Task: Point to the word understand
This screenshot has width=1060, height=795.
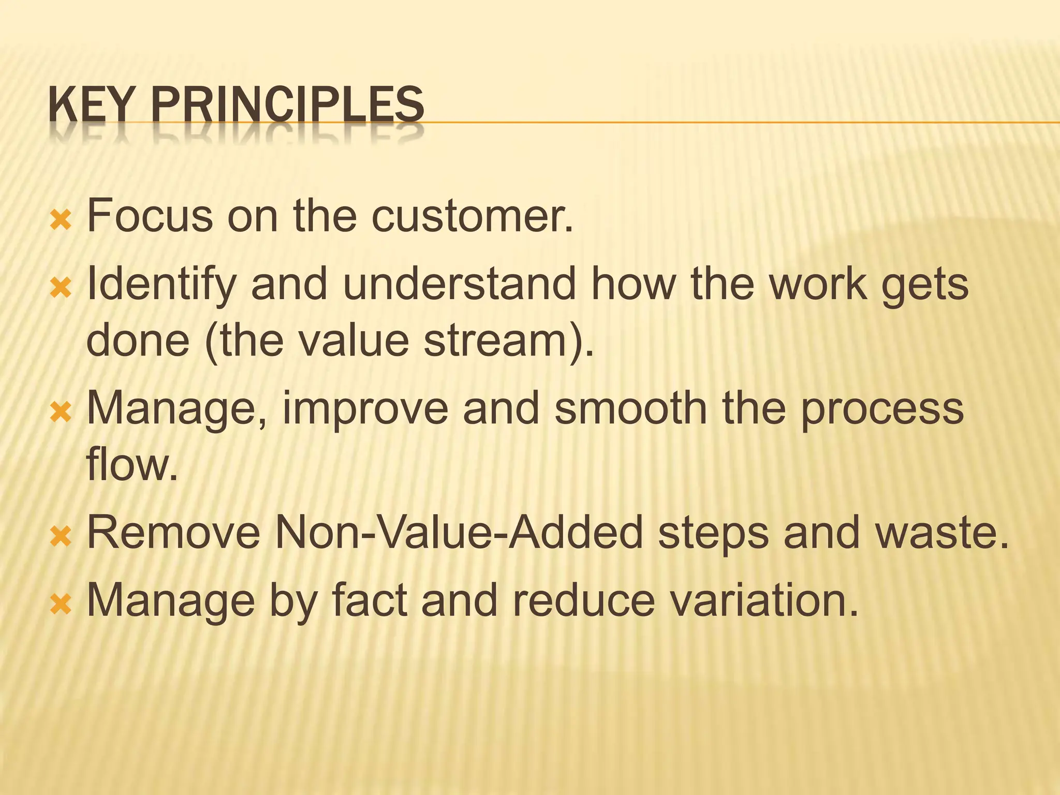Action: pos(459,285)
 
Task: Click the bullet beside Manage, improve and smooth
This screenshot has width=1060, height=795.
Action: pos(61,413)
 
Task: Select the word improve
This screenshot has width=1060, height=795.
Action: pos(365,409)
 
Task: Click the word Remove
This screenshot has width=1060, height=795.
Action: pos(174,533)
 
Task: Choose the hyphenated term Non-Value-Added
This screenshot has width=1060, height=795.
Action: pos(459,533)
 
